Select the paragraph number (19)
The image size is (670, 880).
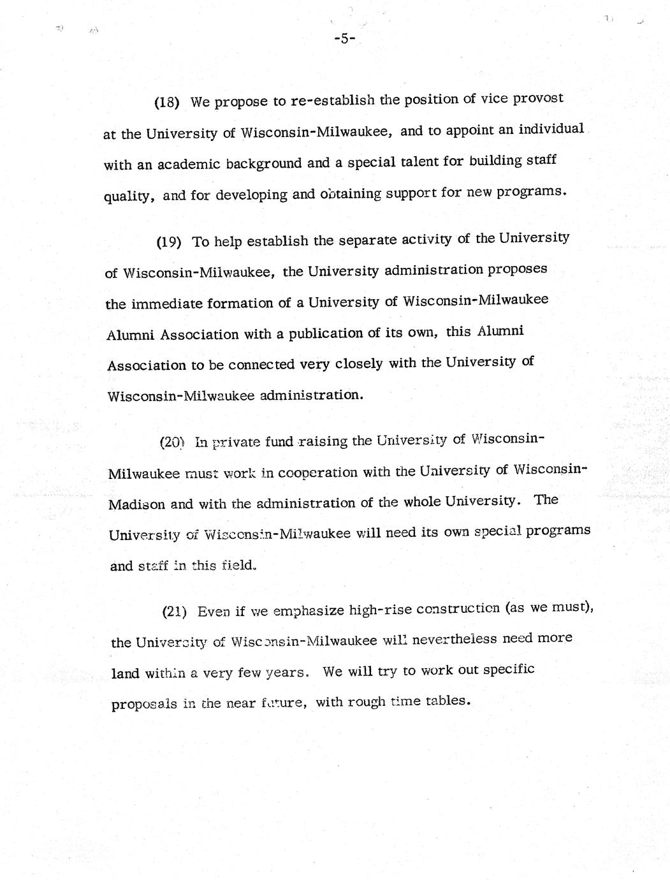click(170, 242)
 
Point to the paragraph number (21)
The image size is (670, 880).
click(174, 612)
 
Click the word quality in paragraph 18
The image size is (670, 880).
click(127, 196)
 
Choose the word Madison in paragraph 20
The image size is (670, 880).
click(137, 504)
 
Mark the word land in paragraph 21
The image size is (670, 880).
click(125, 673)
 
